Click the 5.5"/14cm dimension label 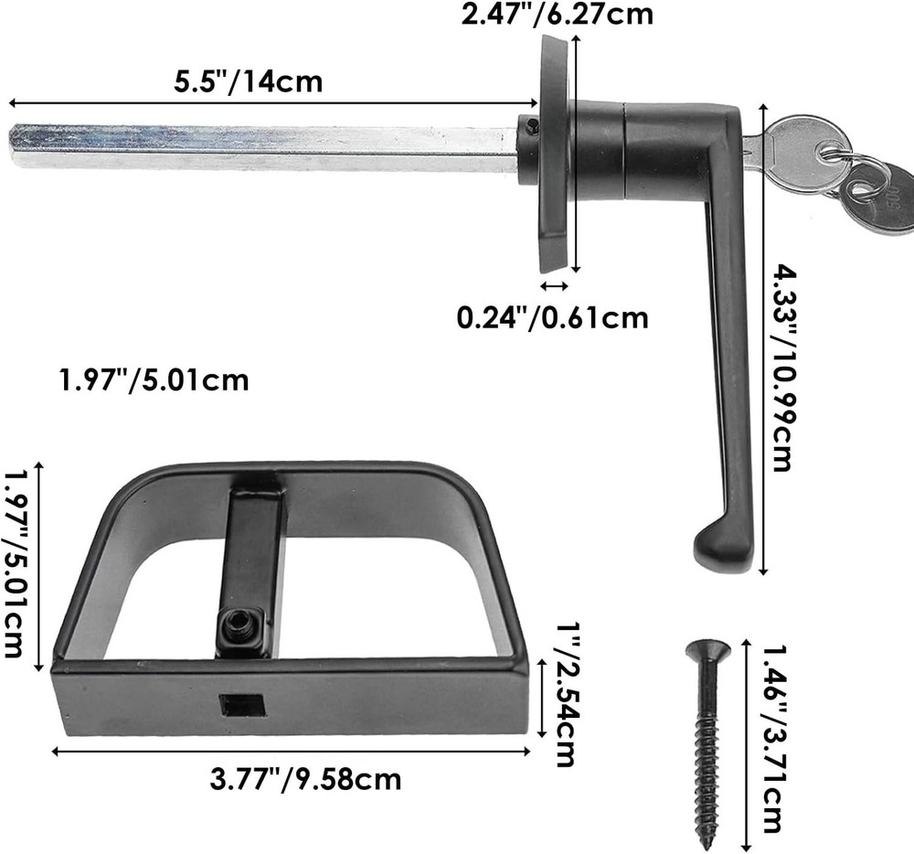point(249,81)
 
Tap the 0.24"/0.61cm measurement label point(552,317)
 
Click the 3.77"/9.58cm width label point(305,779)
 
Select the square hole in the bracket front point(242,705)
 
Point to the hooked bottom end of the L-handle point(717,550)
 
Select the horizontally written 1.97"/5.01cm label point(154,379)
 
